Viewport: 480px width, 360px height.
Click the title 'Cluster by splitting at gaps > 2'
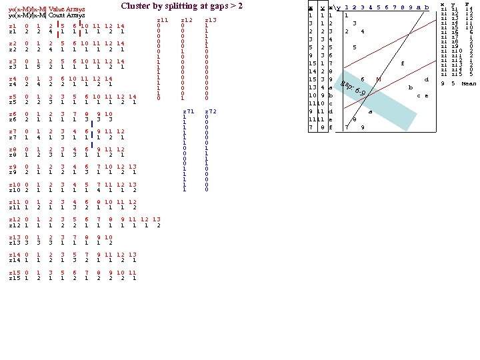coord(181,6)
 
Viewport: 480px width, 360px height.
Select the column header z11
coord(161,21)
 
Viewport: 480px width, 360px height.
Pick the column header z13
coord(211,21)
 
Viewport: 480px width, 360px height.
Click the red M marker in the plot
coord(378,79)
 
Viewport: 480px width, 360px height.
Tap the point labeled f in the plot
coord(402,64)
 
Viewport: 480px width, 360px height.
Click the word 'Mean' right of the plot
coord(468,83)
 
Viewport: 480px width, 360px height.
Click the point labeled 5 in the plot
coord(355,47)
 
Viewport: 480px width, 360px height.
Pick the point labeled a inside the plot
coord(370,112)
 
